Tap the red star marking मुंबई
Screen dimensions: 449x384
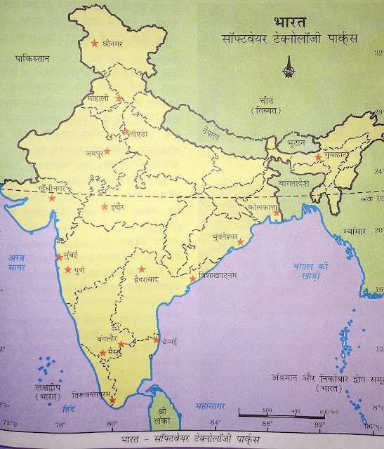[x=57, y=257]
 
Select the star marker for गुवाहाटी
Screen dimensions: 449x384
[x=318, y=158]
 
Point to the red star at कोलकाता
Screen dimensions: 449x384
[x=278, y=213]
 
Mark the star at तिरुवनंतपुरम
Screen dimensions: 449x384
[x=112, y=401]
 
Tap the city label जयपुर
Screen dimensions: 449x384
[x=93, y=152]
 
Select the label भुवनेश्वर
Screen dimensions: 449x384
[x=226, y=238]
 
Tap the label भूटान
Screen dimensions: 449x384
[x=290, y=142]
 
